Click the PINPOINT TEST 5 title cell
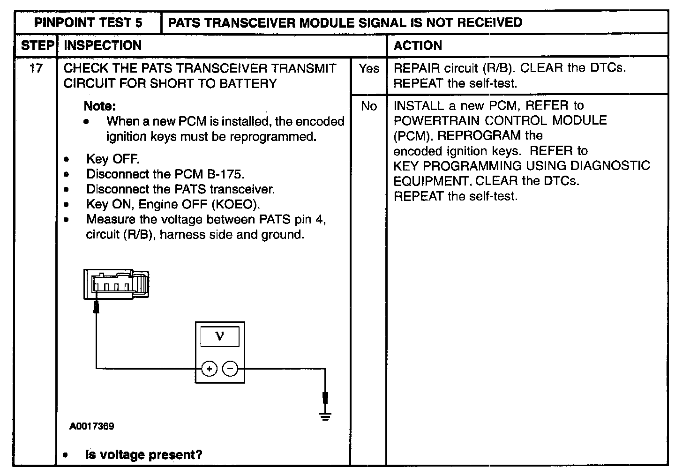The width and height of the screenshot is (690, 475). (88, 22)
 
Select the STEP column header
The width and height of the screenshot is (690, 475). (37, 45)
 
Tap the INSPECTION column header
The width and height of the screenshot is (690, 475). (102, 45)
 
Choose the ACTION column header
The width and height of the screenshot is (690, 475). (418, 45)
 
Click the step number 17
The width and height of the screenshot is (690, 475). (36, 68)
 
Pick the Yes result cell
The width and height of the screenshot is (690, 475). (368, 68)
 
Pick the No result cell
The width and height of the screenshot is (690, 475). (368, 106)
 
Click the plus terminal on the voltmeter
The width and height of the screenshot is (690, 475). (209, 369)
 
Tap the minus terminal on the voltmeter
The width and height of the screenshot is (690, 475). (230, 369)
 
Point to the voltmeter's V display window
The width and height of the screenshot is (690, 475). (219, 336)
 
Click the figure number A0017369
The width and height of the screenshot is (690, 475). (91, 426)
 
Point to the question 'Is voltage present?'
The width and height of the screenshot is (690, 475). (143, 455)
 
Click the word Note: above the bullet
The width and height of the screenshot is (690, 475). (99, 106)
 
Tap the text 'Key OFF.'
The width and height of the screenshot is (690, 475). (112, 159)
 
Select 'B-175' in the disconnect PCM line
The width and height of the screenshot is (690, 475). (225, 174)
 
